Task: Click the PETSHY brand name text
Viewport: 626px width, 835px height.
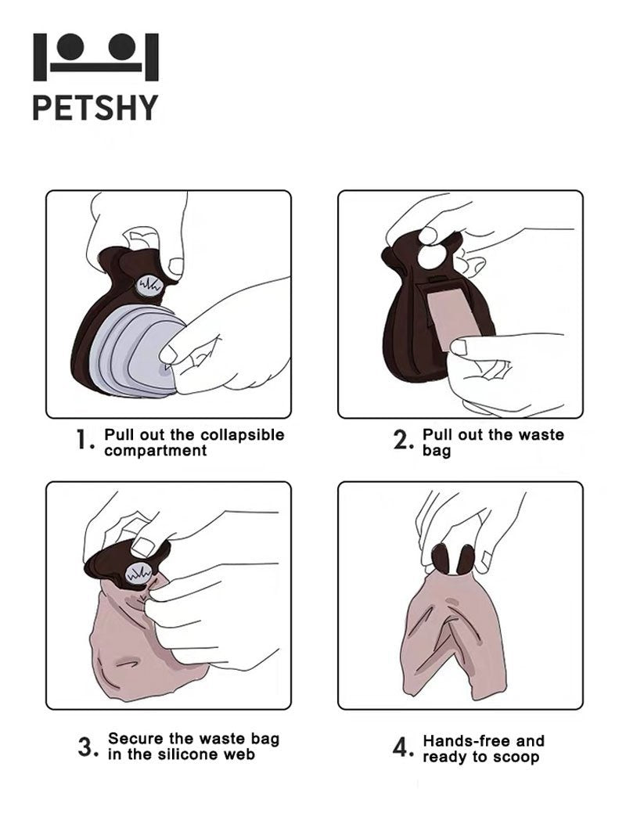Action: (x=95, y=107)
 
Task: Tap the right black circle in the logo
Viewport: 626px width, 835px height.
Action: (x=122, y=46)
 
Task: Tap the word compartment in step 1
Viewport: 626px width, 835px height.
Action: (x=156, y=451)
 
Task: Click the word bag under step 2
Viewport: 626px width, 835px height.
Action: (x=437, y=452)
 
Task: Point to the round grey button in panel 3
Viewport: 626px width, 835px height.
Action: (x=138, y=574)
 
